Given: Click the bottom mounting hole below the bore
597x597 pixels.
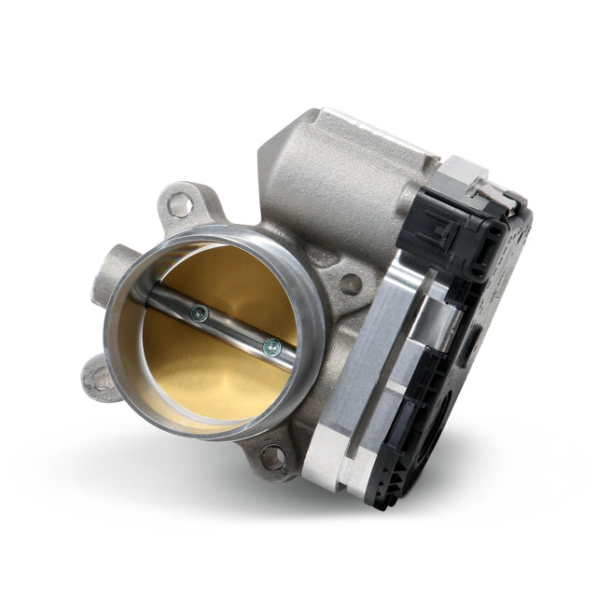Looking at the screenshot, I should tap(273, 456).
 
